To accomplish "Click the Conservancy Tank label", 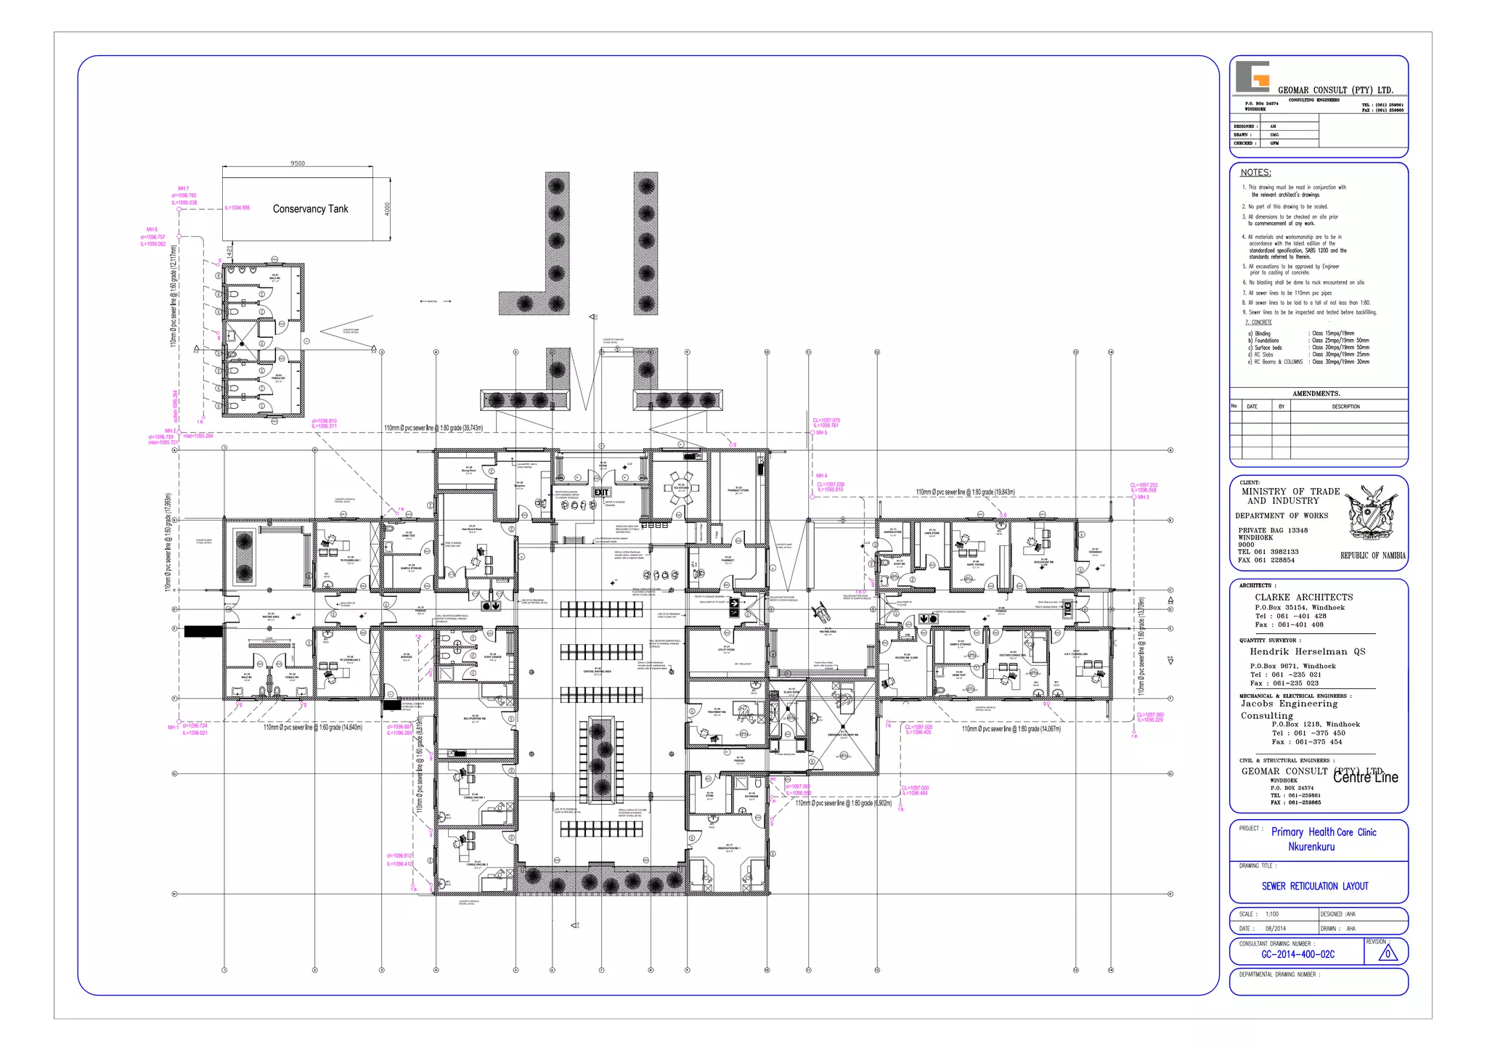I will (x=310, y=209).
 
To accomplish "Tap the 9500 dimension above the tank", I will (x=298, y=163).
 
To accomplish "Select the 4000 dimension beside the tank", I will (x=387, y=209).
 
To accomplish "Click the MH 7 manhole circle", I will (x=179, y=209).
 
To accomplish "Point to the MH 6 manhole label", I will (x=152, y=229).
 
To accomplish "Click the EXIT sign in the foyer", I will (x=601, y=492).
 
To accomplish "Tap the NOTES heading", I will (x=1255, y=173).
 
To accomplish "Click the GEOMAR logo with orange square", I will (x=1252, y=77).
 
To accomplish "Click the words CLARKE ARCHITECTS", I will (x=1303, y=598).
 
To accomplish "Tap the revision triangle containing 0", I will (x=1388, y=953).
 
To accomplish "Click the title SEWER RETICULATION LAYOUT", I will (x=1314, y=886).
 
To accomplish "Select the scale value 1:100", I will (x=1271, y=914).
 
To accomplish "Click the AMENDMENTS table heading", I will (x=1316, y=394).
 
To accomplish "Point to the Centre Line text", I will (x=1365, y=777).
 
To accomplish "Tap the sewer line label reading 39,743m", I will (x=433, y=428).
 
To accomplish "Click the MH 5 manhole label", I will (x=821, y=433).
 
